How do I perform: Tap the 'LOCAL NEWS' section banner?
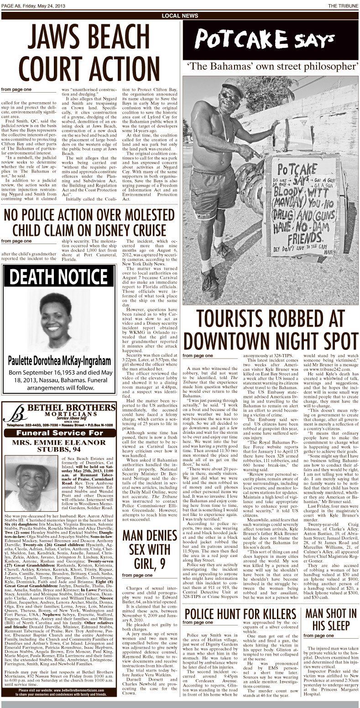pyautogui.click(x=180, y=16)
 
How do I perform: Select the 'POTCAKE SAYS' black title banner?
pyautogui.click(x=271, y=41)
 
